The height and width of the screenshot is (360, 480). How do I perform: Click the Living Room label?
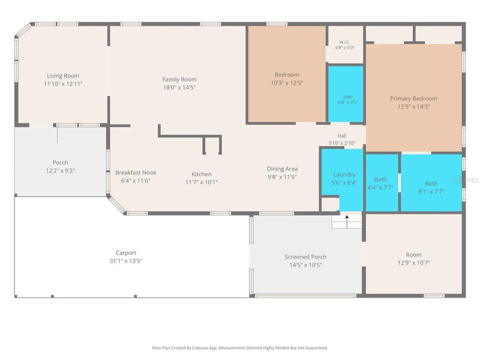(63, 75)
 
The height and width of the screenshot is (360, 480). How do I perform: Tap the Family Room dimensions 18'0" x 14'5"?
(179, 87)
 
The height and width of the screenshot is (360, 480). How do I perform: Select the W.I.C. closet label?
(344, 42)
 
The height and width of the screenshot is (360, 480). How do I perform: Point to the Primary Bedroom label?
(413, 98)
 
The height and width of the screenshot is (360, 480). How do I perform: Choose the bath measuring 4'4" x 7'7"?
(382, 183)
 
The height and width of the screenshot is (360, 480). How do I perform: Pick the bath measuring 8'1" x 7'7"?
(431, 183)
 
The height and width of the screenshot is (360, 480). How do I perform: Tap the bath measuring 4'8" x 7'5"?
(346, 94)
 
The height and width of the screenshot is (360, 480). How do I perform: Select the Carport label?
(126, 253)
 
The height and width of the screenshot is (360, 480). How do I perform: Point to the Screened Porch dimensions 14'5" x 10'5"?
(305, 265)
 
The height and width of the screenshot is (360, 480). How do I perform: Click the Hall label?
(342, 136)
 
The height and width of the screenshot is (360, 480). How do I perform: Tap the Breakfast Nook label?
(135, 172)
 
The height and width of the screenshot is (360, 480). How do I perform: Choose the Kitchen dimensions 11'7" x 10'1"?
(201, 182)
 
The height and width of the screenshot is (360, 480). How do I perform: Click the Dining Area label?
(282, 168)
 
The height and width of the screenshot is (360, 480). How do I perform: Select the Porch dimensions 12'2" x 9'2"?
(60, 171)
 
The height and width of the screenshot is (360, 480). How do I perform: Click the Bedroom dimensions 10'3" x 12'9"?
(287, 83)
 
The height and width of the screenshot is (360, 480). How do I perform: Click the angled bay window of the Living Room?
(23, 30)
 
